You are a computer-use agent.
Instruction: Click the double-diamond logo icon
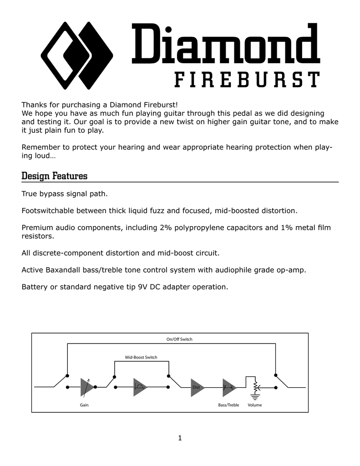coord(77,56)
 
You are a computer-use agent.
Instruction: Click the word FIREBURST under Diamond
coord(247,79)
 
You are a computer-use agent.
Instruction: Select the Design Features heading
coord(55,176)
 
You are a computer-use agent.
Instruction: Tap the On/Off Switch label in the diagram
coord(179,339)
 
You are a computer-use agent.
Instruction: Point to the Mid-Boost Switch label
coord(141,357)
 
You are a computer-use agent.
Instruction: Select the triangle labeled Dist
coord(198,388)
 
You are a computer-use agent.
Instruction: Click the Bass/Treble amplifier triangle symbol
coord(229,388)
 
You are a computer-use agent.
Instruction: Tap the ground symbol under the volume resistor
coord(255,397)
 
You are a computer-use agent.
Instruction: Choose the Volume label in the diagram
coord(255,405)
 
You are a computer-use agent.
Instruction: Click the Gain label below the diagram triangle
coord(84,405)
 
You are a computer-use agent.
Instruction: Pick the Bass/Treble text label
coord(228,405)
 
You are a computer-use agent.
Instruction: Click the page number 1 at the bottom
coord(180,438)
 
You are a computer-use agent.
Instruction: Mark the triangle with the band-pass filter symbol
coord(140,387)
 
